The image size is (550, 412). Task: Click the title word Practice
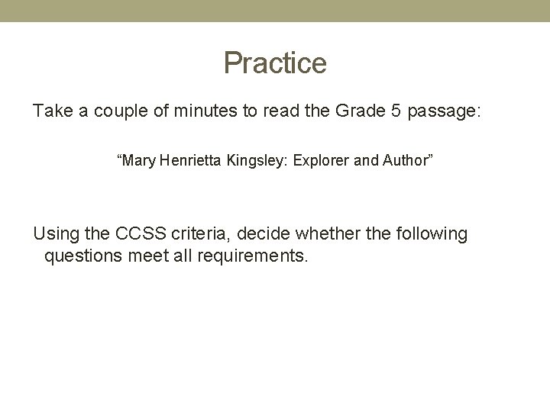pyautogui.click(x=275, y=63)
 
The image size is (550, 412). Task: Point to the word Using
pyautogui.click(x=57, y=234)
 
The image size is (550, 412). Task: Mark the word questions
pyautogui.click(x=82, y=256)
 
